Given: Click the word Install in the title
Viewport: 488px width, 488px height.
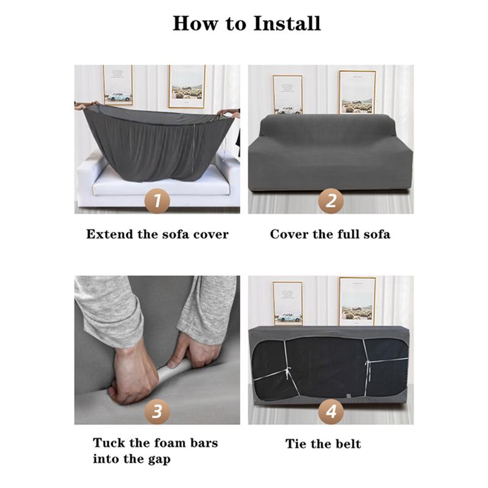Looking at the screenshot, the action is pyautogui.click(x=287, y=23).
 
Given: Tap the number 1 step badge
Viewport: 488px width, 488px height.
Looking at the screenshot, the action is pyautogui.click(x=157, y=201).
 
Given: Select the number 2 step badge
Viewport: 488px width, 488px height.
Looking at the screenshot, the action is pyautogui.click(x=331, y=201).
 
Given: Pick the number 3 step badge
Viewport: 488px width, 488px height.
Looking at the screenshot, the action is pyautogui.click(x=157, y=411).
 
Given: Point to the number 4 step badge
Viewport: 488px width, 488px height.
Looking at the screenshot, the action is pyautogui.click(x=331, y=411).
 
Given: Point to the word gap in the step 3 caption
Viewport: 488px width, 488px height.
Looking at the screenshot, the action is pyautogui.click(x=159, y=460).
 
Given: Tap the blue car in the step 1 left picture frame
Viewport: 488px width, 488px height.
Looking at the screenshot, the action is pyautogui.click(x=119, y=96).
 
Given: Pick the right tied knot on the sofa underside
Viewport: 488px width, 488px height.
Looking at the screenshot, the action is pyautogui.click(x=368, y=364).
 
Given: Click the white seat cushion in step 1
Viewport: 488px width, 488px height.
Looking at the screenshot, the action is pyautogui.click(x=161, y=184).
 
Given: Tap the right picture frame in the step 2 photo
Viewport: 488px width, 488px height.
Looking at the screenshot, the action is pyautogui.click(x=357, y=92).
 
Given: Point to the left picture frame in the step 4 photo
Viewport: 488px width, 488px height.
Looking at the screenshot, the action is pyautogui.click(x=287, y=303).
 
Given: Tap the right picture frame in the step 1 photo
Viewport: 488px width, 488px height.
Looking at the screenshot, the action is pyautogui.click(x=187, y=87).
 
